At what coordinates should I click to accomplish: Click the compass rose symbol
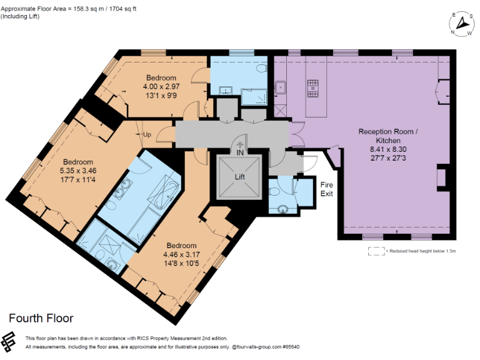[x=461, y=23]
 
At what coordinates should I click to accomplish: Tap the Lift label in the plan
[x=241, y=177]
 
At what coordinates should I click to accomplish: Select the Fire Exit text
[x=327, y=189]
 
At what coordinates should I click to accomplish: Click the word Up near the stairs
[x=147, y=135]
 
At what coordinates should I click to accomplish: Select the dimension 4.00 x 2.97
[x=161, y=87]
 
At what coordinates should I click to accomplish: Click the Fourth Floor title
[x=41, y=318]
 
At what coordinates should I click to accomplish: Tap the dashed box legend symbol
[x=376, y=251]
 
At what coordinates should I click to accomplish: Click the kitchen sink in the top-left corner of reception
[x=281, y=87]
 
